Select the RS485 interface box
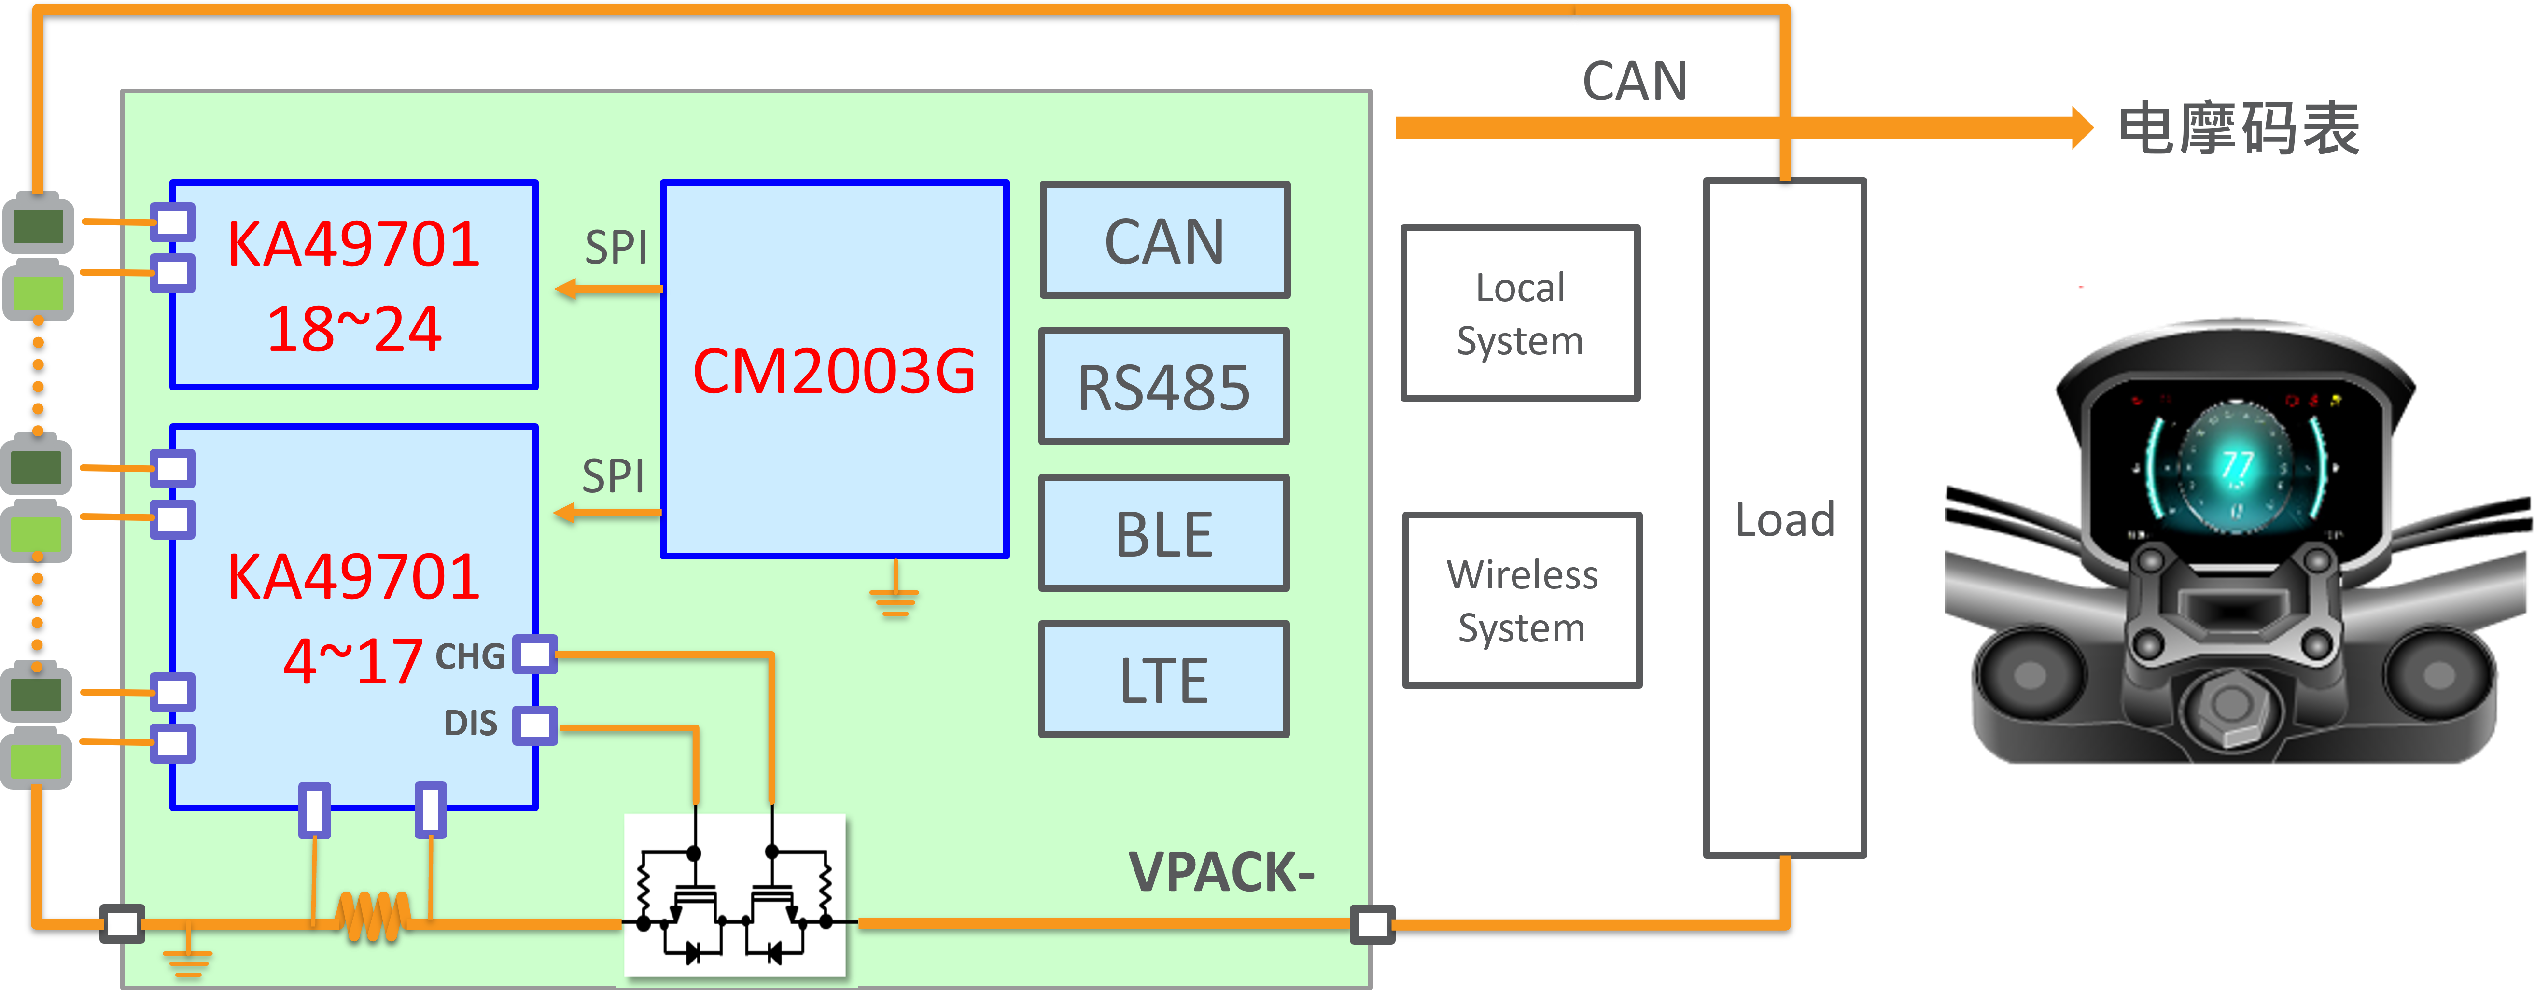(1164, 387)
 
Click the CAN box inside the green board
(1164, 241)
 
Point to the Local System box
(1520, 313)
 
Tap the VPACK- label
(1220, 872)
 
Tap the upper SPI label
(616, 247)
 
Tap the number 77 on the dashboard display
(2237, 464)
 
